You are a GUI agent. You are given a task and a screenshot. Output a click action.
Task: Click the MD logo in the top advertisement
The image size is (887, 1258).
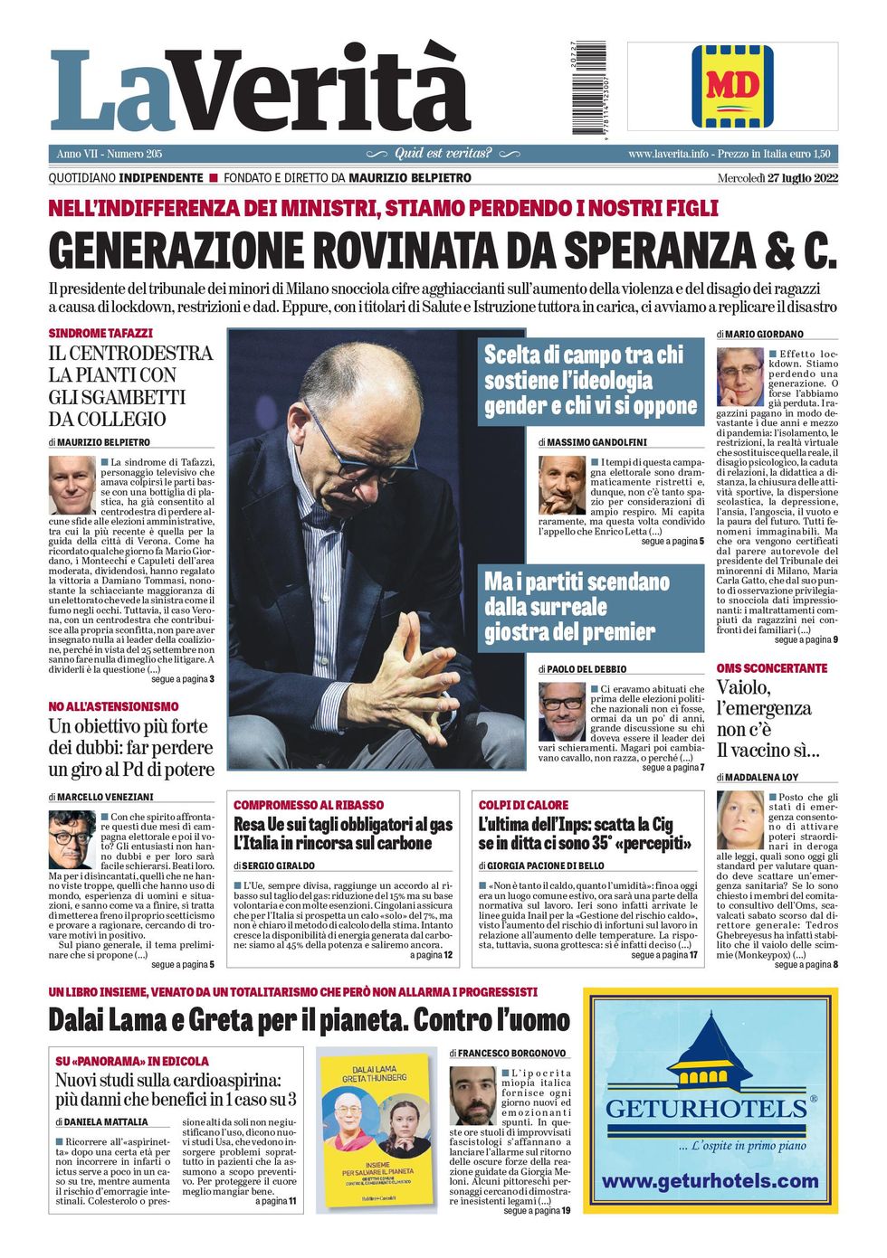[732, 86]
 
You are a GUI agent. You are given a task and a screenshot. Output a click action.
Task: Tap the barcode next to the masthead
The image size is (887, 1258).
[590, 88]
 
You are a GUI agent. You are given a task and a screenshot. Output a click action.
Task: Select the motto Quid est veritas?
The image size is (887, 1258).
[443, 154]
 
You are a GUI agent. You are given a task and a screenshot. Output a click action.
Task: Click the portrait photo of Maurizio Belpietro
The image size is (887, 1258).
[72, 485]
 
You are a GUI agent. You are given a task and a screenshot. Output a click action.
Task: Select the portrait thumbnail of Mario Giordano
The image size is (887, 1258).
[739, 376]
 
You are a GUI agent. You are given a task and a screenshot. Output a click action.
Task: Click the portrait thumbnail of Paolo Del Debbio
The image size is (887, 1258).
[561, 711]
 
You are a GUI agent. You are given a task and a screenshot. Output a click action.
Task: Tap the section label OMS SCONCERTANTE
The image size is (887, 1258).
[771, 668]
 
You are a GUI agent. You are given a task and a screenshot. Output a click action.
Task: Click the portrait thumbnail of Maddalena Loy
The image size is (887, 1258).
[739, 819]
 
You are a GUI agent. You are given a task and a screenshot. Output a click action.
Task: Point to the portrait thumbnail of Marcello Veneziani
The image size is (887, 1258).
[72, 838]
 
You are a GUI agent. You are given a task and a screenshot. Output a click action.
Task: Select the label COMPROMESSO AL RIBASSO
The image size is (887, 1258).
[309, 805]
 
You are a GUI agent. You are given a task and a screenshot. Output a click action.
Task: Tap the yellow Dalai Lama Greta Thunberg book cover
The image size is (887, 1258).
[375, 1130]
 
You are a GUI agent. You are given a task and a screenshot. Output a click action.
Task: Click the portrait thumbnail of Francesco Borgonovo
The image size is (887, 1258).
[473, 1095]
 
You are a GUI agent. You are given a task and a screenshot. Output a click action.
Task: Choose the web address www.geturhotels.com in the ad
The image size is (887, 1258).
[710, 1181]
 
